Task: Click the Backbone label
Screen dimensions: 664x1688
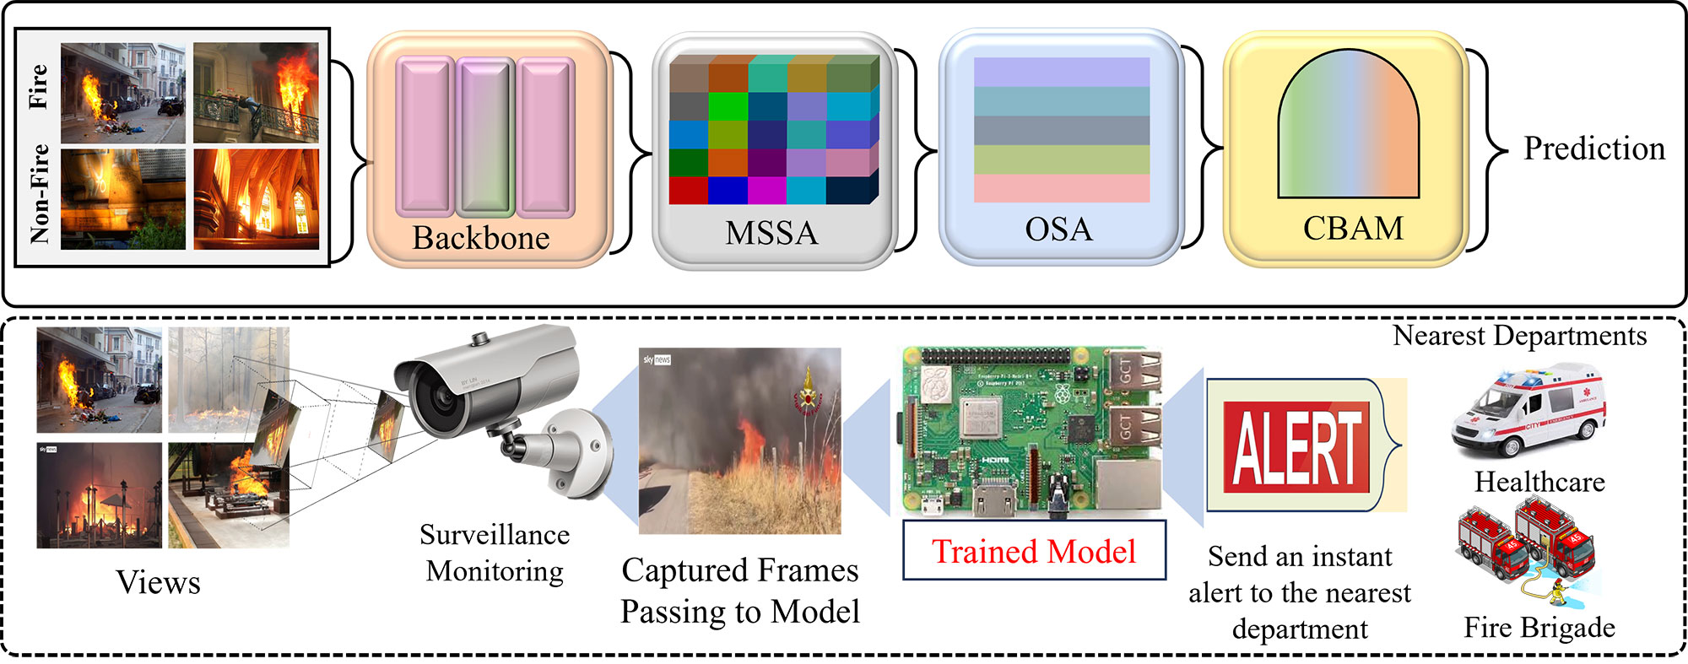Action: pyautogui.click(x=480, y=238)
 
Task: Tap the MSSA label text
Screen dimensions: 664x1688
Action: pyautogui.click(x=771, y=233)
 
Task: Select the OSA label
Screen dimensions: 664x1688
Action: pyautogui.click(x=1058, y=229)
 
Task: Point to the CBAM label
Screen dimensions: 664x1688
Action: pyautogui.click(x=1353, y=229)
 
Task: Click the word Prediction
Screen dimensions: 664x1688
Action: pyautogui.click(x=1593, y=148)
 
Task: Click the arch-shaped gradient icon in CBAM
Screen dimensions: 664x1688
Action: pyautogui.click(x=1348, y=127)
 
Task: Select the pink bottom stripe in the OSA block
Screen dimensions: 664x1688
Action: pyautogui.click(x=1061, y=188)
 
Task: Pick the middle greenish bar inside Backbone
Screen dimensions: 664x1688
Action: pyautogui.click(x=485, y=137)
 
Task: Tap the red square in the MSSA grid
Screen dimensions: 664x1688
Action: pyautogui.click(x=688, y=190)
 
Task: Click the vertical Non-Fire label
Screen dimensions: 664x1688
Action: pyautogui.click(x=39, y=194)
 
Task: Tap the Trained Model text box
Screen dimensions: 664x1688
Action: pyautogui.click(x=1033, y=551)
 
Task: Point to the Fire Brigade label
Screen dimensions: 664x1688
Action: pyautogui.click(x=1539, y=628)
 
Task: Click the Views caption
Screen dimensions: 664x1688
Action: pyautogui.click(x=158, y=582)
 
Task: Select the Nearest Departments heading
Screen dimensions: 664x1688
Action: pyautogui.click(x=1519, y=336)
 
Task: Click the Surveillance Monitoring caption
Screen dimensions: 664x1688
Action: pyautogui.click(x=495, y=553)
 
